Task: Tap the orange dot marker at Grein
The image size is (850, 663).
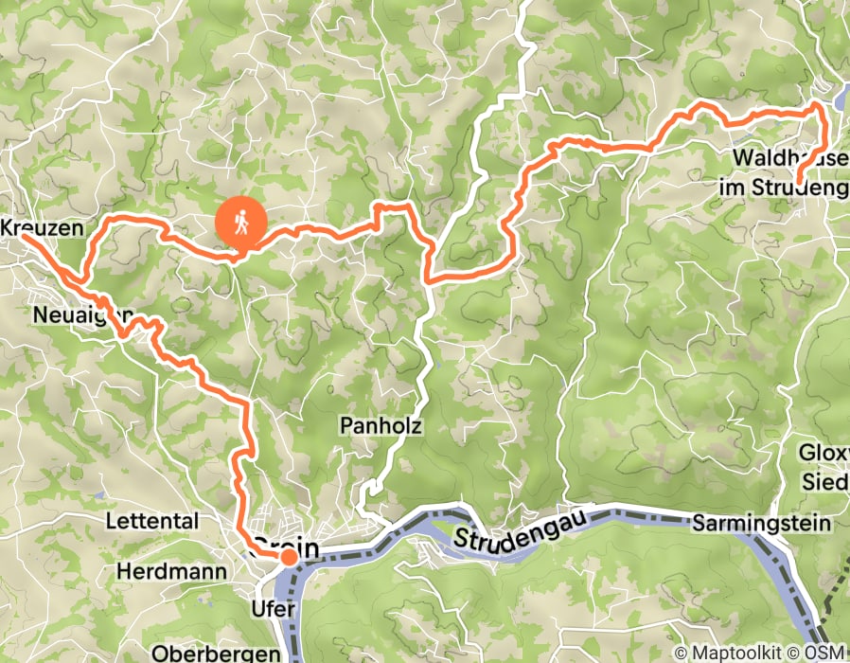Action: pyautogui.click(x=287, y=558)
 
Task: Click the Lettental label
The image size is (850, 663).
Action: pyautogui.click(x=152, y=521)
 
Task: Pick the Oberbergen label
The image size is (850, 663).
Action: pyautogui.click(x=218, y=654)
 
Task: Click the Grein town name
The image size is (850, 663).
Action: pyautogui.click(x=286, y=547)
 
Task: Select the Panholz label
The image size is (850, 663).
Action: pyautogui.click(x=381, y=426)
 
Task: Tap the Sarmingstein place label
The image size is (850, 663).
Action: pyautogui.click(x=761, y=523)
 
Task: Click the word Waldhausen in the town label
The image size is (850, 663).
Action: pyautogui.click(x=789, y=157)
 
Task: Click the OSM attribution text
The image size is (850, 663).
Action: pyautogui.click(x=827, y=653)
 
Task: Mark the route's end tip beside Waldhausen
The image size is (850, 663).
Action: pyautogui.click(x=799, y=181)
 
